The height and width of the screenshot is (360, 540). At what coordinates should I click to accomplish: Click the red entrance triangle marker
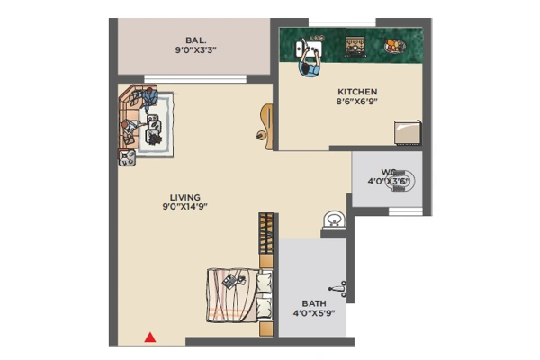point(150,337)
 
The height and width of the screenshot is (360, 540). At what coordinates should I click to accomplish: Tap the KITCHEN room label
point(357,92)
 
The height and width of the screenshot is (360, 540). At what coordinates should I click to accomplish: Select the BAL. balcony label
point(195,40)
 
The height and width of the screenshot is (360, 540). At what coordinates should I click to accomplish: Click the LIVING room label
point(184,198)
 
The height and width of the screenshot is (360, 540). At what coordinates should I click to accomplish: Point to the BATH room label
point(314,303)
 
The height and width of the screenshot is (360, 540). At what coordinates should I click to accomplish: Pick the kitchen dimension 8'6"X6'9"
point(357,102)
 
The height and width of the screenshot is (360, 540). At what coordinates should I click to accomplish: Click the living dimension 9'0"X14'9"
point(184,207)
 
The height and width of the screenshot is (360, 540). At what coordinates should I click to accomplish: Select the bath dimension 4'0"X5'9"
point(314,313)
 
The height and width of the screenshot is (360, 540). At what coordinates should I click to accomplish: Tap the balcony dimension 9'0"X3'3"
point(195,50)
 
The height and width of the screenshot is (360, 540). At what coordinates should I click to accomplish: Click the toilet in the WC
point(403,181)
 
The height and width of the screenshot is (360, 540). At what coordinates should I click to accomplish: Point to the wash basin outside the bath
point(334,220)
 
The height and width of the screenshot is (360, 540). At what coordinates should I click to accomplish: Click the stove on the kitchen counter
point(355,47)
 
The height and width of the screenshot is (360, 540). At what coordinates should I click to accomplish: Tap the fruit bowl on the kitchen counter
point(395,46)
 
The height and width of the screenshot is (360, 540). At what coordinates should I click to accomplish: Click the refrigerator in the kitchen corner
point(408,132)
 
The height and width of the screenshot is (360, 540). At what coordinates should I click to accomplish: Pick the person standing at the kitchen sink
point(310,62)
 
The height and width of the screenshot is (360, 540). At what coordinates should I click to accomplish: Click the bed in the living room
point(239,295)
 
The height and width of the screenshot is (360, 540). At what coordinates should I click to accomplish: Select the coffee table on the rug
point(154,129)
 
